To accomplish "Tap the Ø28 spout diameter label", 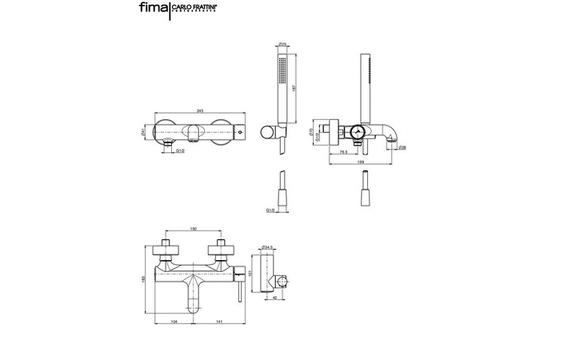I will (405, 148).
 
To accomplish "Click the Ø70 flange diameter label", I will (310, 134).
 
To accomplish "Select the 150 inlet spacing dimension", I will (193, 230).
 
